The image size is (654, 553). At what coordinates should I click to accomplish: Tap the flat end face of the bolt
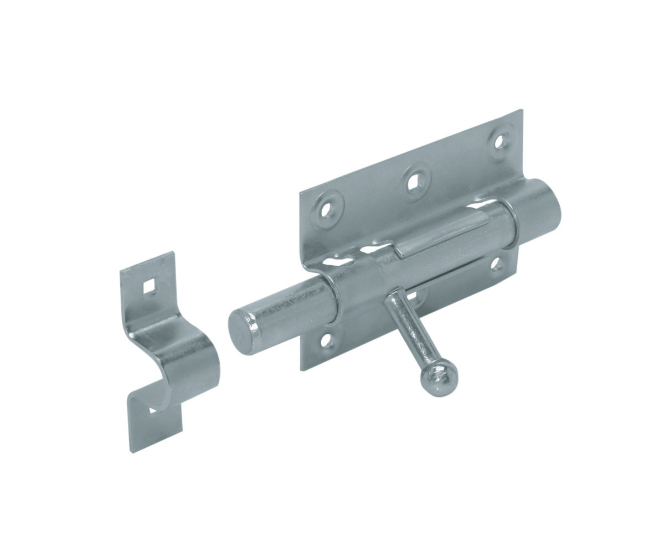tap(241, 330)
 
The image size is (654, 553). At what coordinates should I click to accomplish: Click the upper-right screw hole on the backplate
tap(500, 141)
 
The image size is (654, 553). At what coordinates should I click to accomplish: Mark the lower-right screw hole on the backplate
tap(496, 265)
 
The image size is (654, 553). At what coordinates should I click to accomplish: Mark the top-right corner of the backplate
tap(521, 111)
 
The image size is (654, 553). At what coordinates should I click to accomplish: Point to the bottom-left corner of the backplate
tap(302, 368)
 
